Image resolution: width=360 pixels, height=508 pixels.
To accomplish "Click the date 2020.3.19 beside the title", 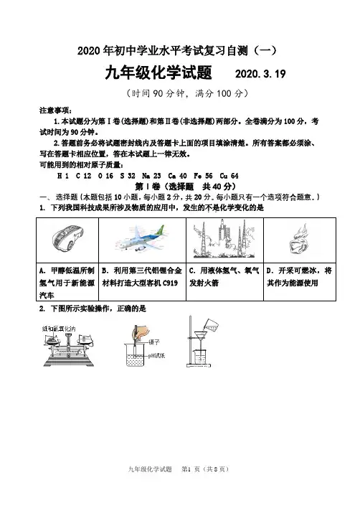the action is point(260,74).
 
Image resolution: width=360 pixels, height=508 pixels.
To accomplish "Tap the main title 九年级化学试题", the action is point(158,72).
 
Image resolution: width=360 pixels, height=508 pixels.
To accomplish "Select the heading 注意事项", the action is point(55,110).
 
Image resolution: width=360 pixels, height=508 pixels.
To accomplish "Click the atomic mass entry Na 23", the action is point(151,176).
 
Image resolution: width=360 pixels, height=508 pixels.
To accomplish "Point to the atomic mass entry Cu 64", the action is point(229,176).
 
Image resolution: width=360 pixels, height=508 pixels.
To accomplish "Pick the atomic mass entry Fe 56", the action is point(203,176).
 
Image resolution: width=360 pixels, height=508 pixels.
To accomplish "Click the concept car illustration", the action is point(67,240).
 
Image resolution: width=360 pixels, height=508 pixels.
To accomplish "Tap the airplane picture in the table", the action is point(143,240).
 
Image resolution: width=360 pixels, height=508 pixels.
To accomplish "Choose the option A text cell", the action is point(67,283).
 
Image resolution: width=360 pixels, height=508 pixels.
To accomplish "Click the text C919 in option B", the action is point(170,283).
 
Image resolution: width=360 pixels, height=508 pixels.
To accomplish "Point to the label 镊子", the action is point(154,342).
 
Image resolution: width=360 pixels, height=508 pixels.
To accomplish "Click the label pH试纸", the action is point(156,355).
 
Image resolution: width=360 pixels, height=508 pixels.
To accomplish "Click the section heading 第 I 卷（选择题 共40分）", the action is point(185,187).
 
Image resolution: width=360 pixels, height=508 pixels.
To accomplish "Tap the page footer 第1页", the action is point(191,469).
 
